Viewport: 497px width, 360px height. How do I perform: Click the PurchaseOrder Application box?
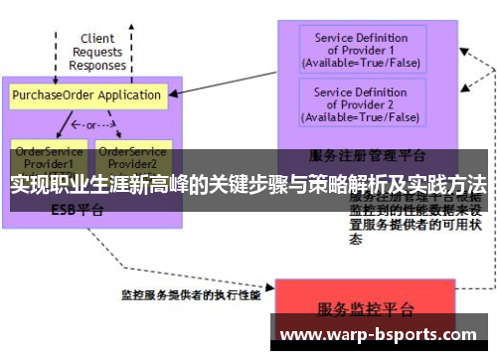tap(86, 95)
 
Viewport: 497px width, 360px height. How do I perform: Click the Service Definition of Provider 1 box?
tap(361, 50)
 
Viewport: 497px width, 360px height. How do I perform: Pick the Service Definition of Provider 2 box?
tap(361, 103)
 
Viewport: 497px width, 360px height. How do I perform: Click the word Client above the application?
tap(97, 39)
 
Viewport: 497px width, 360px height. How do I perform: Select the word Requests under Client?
tap(97, 52)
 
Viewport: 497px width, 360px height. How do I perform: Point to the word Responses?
tap(97, 65)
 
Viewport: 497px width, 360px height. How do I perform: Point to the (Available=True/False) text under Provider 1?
tap(361, 63)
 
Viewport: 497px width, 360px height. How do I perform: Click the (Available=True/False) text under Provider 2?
tap(361, 116)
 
